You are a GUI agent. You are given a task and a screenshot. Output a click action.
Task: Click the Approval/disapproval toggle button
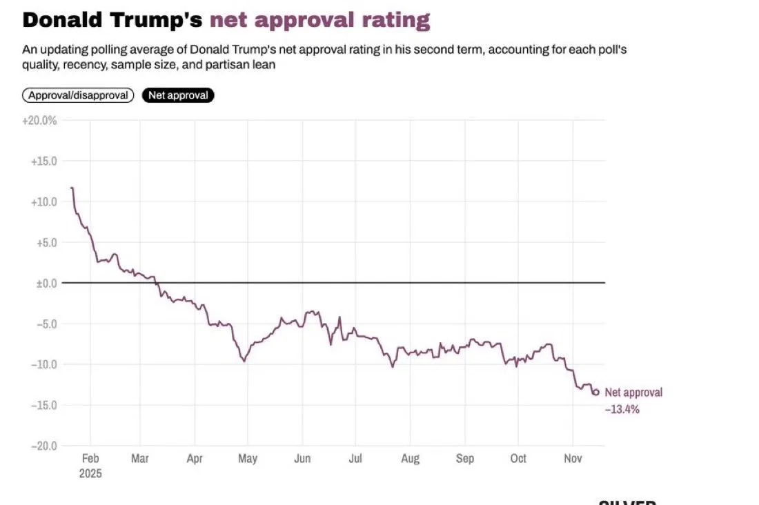coord(78,95)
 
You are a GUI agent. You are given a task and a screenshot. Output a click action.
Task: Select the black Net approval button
coord(178,95)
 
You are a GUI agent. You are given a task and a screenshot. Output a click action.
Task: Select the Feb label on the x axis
coord(90,459)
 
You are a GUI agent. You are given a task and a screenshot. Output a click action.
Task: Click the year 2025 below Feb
coord(90,474)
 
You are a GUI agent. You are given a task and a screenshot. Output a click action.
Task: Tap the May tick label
coord(248,459)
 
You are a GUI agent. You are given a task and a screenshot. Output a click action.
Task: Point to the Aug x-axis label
coord(410,459)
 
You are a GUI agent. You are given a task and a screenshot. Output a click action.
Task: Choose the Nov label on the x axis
coord(573,459)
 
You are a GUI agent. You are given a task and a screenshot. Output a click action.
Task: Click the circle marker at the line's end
coord(596,393)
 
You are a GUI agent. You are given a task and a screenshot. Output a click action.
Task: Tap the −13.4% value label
coord(622,409)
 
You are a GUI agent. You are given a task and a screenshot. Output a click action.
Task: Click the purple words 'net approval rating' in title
coord(319,20)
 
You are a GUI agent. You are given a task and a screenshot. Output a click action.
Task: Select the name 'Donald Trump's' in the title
coord(112,20)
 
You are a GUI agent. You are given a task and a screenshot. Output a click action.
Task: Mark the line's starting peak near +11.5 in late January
coord(72,188)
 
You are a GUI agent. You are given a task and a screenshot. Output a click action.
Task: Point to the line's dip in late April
coord(244,360)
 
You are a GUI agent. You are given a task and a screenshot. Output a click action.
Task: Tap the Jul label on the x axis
coord(355,459)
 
